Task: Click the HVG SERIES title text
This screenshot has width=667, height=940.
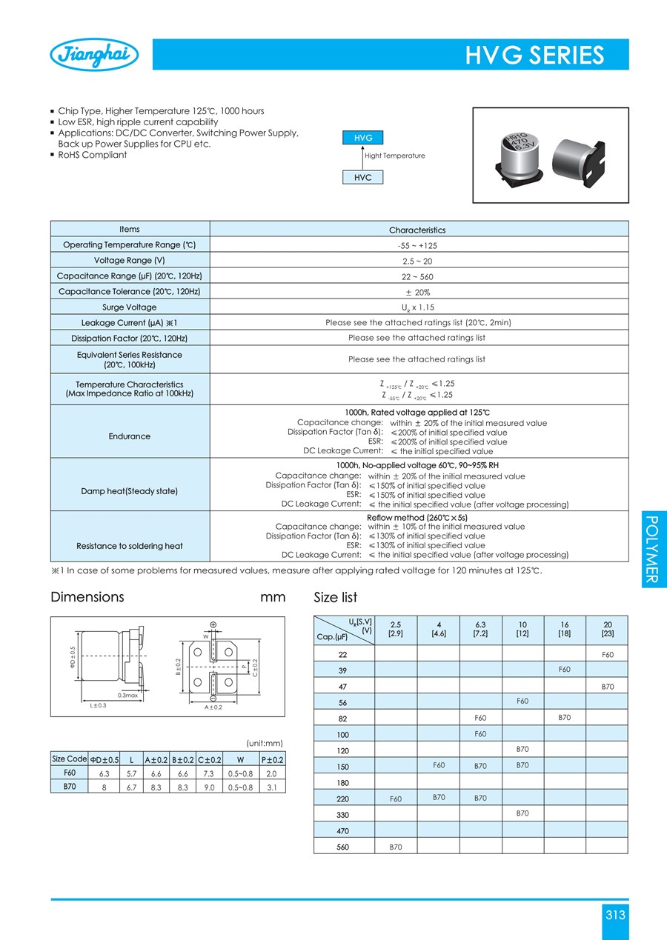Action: [x=534, y=56]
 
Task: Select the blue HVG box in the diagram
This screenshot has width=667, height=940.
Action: [x=363, y=138]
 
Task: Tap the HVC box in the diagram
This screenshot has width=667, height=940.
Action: [x=363, y=178]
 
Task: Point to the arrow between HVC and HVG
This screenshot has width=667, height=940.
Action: [x=363, y=157]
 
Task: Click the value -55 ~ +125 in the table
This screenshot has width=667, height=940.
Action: [x=419, y=245]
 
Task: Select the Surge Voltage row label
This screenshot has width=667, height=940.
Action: [x=130, y=307]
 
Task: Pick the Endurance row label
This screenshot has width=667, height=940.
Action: [x=130, y=436]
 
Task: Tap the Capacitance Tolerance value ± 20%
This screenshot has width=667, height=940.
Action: [x=419, y=292]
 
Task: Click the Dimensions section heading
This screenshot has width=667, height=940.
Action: [x=87, y=597]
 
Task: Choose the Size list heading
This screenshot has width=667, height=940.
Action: [x=336, y=597]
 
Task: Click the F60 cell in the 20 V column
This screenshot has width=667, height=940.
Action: [x=607, y=655]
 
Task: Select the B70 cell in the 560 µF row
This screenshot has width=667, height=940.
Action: [x=396, y=847]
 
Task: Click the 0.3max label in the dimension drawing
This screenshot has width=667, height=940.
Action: [x=128, y=695]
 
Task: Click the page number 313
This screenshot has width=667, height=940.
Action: [x=615, y=915]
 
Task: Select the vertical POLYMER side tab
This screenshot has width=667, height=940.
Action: [x=652, y=549]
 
